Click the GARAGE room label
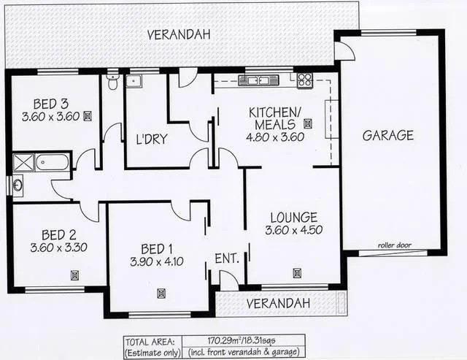coord(387,135)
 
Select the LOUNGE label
coord(293,217)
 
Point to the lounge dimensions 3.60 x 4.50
coord(293,230)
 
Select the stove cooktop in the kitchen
coord(304,80)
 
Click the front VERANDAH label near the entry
coord(277,302)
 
